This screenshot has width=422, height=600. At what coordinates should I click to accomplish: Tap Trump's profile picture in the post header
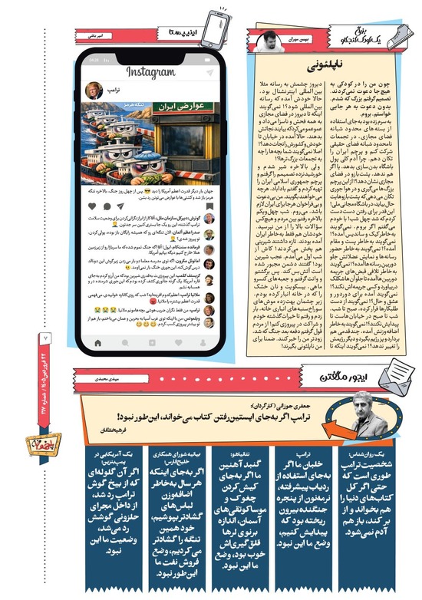coord(94,90)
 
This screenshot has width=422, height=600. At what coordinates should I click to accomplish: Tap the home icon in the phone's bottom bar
coord(97,341)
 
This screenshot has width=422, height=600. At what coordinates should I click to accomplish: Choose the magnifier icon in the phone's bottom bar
coord(125,341)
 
